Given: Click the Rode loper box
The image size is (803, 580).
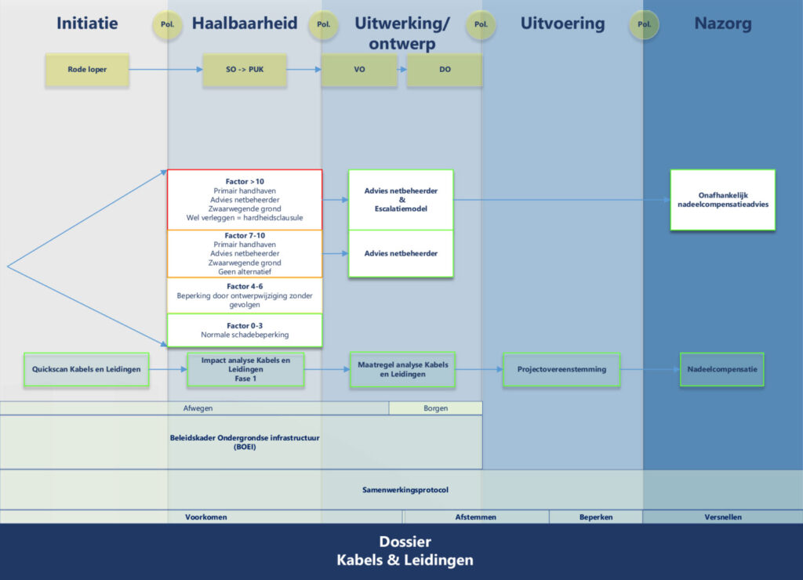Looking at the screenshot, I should tap(87, 70).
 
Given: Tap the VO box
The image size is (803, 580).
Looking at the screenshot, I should tap(360, 70).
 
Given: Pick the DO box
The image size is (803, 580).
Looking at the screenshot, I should tap(444, 70).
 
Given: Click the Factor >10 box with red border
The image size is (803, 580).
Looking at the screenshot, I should tap(245, 200).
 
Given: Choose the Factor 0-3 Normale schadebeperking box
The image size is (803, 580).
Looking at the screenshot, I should tap(245, 330).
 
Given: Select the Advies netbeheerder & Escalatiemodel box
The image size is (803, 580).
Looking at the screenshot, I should tap(401, 200).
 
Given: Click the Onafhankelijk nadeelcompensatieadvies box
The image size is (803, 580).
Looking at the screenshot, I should tap(722, 200).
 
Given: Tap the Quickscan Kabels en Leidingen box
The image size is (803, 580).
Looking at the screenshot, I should tap(86, 369).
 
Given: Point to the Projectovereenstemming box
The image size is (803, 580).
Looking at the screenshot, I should tap(561, 369).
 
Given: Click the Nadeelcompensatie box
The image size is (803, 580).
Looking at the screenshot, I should tap(721, 369).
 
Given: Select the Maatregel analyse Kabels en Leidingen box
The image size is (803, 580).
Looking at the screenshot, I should tap(401, 369).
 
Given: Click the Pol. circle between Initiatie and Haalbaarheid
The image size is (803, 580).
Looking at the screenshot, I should tap(167, 24).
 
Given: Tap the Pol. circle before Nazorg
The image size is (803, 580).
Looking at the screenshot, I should tap(644, 24).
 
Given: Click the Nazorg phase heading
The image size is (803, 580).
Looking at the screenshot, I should tap(722, 24).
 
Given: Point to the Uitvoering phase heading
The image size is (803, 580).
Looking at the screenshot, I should tap(562, 24).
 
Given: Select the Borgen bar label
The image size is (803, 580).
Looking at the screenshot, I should tap(435, 408).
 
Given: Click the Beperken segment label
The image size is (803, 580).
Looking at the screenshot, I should tap(596, 517).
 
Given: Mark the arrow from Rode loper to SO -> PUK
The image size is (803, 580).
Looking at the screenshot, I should tap(165, 70).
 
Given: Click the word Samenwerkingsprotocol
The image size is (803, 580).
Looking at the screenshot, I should tap(405, 490).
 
